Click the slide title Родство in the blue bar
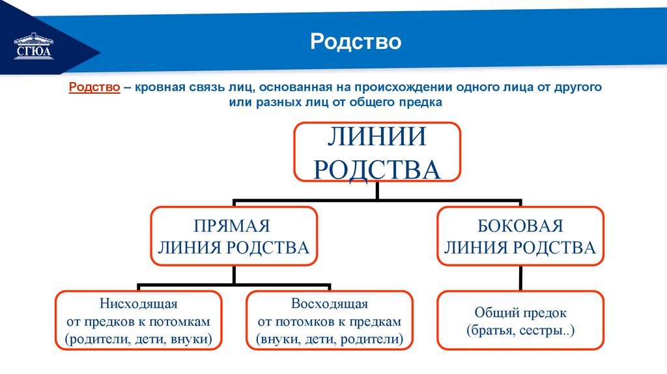[356, 42]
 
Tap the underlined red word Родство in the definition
[94, 86]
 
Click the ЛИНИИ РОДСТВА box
[377, 152]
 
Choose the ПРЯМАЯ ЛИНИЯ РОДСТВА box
[234, 236]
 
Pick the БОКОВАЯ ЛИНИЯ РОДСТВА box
[520, 236]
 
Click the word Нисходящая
[139, 304]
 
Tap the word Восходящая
[330, 304]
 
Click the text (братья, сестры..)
[520, 330]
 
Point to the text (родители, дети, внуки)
[139, 339]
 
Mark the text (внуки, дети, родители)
[330, 339]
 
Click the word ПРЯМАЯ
[232, 226]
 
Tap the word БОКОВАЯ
[520, 226]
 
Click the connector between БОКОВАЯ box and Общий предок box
[520, 278]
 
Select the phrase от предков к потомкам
[139, 322]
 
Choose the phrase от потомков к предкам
[330, 322]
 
